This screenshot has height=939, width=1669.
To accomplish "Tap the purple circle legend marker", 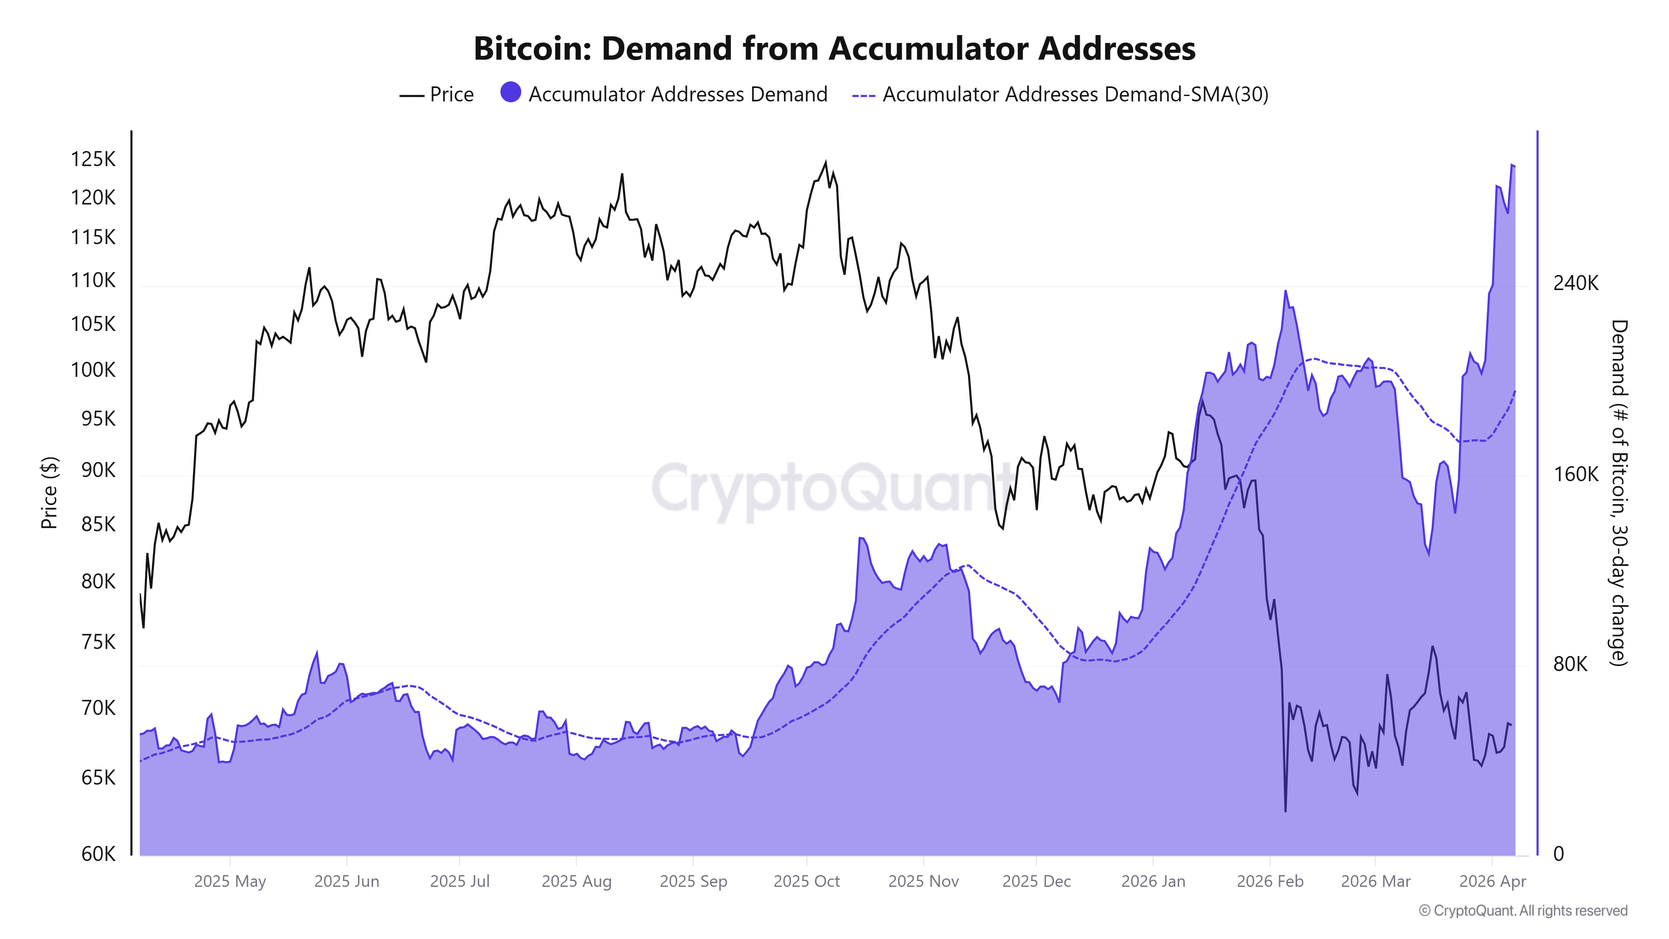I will pos(511,93).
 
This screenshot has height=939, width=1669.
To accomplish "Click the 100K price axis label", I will pos(93,370).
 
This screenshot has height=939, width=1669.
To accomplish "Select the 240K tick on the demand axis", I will pos(1576,283).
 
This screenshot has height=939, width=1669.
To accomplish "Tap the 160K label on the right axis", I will pos(1576,475).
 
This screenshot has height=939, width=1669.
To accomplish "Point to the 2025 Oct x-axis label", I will pos(806,881).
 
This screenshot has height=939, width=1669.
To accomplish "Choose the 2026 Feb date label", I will pos(1269,881).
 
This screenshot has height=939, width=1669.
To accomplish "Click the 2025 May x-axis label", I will pos(230,881).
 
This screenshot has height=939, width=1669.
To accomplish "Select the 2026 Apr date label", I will pos(1492,881).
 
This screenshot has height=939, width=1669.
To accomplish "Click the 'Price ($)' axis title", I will pos(49,492).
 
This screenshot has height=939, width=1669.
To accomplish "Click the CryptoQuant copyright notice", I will pos(1523,911).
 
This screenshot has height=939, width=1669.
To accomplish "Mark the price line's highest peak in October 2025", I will pos(825,162).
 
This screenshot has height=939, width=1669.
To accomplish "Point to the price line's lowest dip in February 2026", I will pos(1286,811).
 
